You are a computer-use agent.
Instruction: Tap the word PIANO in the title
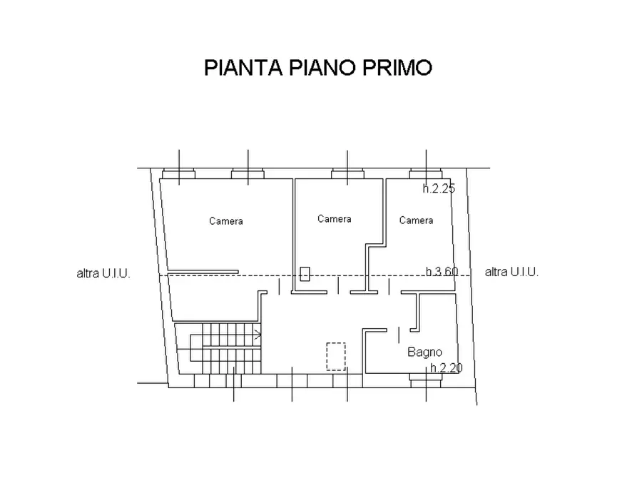tap(320, 68)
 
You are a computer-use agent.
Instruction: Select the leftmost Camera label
tap(225, 221)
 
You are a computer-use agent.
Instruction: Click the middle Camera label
tap(334, 219)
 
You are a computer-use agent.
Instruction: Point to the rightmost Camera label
tap(416, 220)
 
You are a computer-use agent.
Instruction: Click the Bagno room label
tap(424, 352)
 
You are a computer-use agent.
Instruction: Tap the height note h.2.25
tap(438, 189)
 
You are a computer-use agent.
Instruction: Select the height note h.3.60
tap(442, 271)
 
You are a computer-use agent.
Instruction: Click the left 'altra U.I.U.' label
tap(103, 273)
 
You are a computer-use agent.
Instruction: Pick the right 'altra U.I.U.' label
tap(511, 272)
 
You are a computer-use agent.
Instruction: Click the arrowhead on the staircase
tap(258, 333)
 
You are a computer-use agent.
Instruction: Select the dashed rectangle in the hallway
tap(336, 356)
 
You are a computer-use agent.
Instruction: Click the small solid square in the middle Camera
tap(305, 273)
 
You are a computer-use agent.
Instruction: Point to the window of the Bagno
tap(426, 378)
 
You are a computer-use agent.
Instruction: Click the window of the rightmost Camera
tap(426, 173)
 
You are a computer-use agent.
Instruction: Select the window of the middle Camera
tap(347, 173)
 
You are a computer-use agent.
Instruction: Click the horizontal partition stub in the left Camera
tap(203, 270)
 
